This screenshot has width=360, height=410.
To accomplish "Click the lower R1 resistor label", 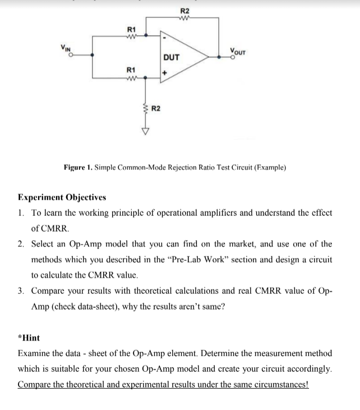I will click(131, 70).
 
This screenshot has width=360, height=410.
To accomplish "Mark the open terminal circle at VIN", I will click(71, 56).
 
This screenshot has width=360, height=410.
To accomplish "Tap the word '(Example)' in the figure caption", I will click(270, 167).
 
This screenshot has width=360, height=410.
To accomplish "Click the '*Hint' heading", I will click(29, 339).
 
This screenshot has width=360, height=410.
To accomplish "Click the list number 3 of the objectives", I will click(21, 292).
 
